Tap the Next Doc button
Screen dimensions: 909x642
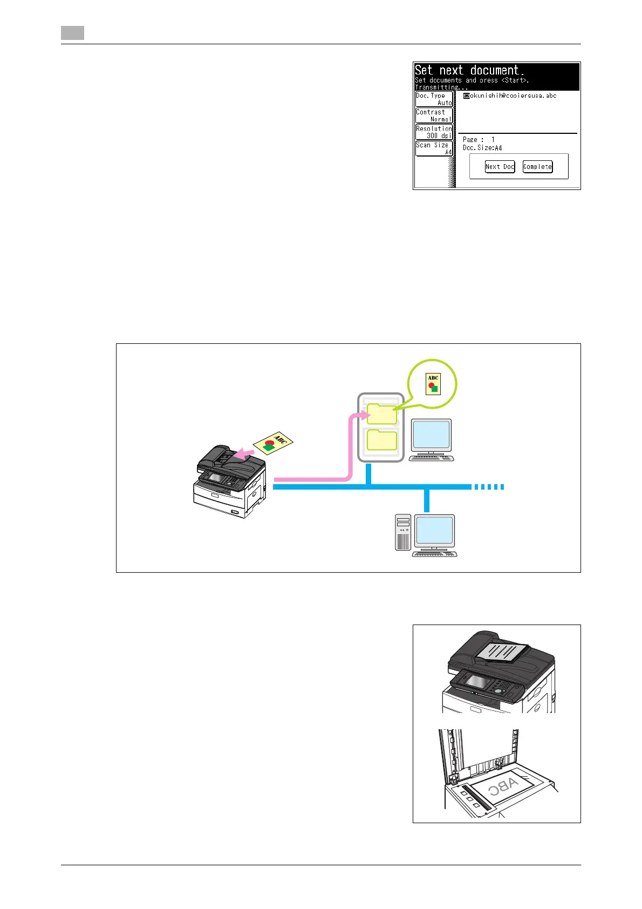[x=500, y=167]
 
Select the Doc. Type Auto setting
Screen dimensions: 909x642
[x=434, y=99]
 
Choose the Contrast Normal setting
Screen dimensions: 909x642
[x=434, y=116]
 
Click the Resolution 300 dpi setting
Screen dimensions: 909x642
[x=434, y=132]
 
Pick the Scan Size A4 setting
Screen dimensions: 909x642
[x=434, y=148]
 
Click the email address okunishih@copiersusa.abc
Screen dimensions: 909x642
[x=510, y=96]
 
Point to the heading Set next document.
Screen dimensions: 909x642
[x=469, y=71]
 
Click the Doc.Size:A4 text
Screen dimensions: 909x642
[x=482, y=148]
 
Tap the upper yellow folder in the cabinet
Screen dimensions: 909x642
[x=382, y=414]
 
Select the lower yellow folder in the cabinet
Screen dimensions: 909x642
[x=382, y=440]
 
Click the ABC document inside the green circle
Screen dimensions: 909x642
[x=433, y=384]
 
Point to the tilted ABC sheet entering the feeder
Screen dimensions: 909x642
[x=274, y=442]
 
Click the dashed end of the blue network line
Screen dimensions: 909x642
[x=489, y=487]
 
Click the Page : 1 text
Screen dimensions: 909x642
[x=479, y=140]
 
